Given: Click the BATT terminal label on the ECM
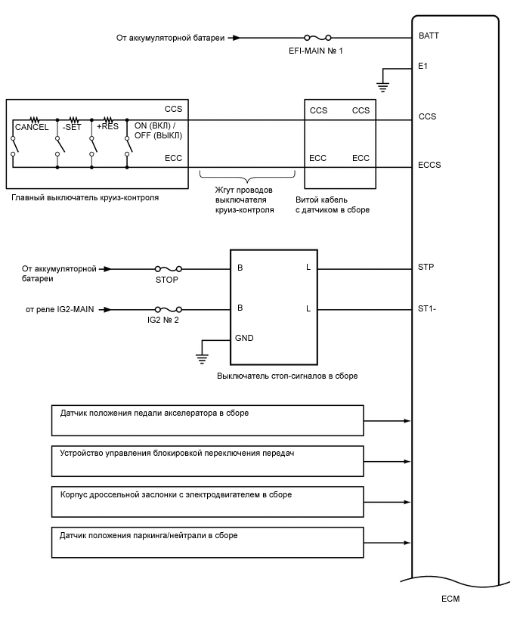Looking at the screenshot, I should pos(428,36).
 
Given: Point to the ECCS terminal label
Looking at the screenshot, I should pos(429,165).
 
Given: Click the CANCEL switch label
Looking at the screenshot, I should pos(32,128).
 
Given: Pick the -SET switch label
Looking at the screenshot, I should pos(71,128).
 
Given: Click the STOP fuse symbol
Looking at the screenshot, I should pos(167,268).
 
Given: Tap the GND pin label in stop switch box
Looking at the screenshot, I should pos(245,338).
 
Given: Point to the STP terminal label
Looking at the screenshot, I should pos(426,267).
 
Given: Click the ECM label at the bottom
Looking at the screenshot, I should pos(450,599).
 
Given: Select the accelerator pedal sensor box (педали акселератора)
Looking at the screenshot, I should pos(208,420).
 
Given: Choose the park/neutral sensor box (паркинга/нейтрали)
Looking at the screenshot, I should pos(208,543).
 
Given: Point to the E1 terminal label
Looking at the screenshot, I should pos(423,67).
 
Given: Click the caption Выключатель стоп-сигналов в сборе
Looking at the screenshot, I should pos(287,376).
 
